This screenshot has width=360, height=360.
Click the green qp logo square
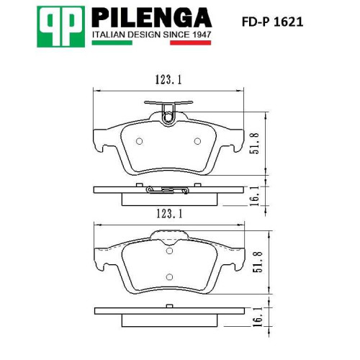[x=61, y=27]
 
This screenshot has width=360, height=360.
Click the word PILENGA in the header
[x=152, y=17]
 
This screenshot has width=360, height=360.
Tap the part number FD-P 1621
[x=272, y=22]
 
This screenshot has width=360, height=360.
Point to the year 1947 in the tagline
[x=202, y=35]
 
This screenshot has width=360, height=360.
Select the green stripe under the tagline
[x=112, y=42]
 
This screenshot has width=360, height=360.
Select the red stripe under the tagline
[x=191, y=42]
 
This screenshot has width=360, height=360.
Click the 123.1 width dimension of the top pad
[x=168, y=80]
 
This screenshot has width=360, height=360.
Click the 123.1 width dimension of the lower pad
[x=169, y=213]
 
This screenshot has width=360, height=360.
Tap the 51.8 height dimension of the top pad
[x=254, y=143]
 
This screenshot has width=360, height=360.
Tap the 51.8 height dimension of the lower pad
[x=258, y=262]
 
